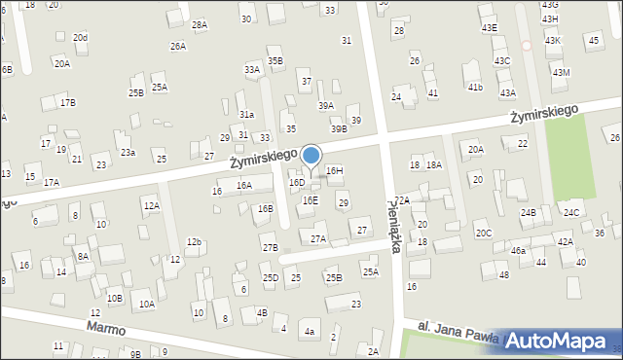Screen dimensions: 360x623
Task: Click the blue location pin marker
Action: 311,158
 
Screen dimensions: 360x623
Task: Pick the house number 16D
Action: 297,182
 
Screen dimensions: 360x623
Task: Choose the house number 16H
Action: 335,170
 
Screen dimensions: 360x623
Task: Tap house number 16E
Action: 310,200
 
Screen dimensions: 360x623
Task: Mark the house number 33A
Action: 252,70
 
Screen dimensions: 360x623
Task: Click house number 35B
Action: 275,60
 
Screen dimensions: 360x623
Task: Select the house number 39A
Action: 326,106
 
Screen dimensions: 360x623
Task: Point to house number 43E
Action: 489,28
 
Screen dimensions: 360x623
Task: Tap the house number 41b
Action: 475,88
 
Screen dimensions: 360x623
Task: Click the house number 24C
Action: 571,212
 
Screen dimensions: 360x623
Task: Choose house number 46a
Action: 518,250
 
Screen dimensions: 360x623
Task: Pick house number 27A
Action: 318,238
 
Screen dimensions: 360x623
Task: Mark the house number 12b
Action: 195,241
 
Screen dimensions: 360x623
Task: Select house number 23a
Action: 128,153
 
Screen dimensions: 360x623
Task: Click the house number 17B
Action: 67,102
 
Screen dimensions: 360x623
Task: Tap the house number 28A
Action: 200,24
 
